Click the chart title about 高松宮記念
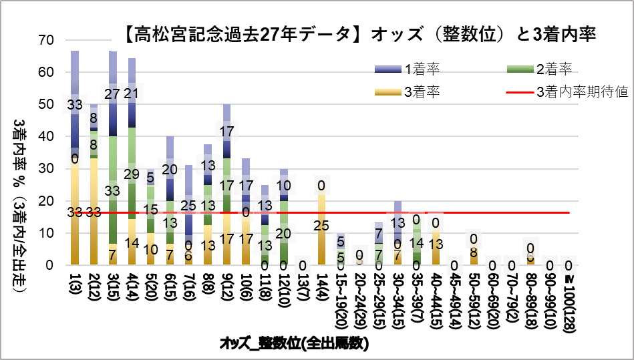tap(360, 33)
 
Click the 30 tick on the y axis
tap(45, 169)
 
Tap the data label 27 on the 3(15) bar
tap(113, 92)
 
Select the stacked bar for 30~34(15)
tap(398, 234)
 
